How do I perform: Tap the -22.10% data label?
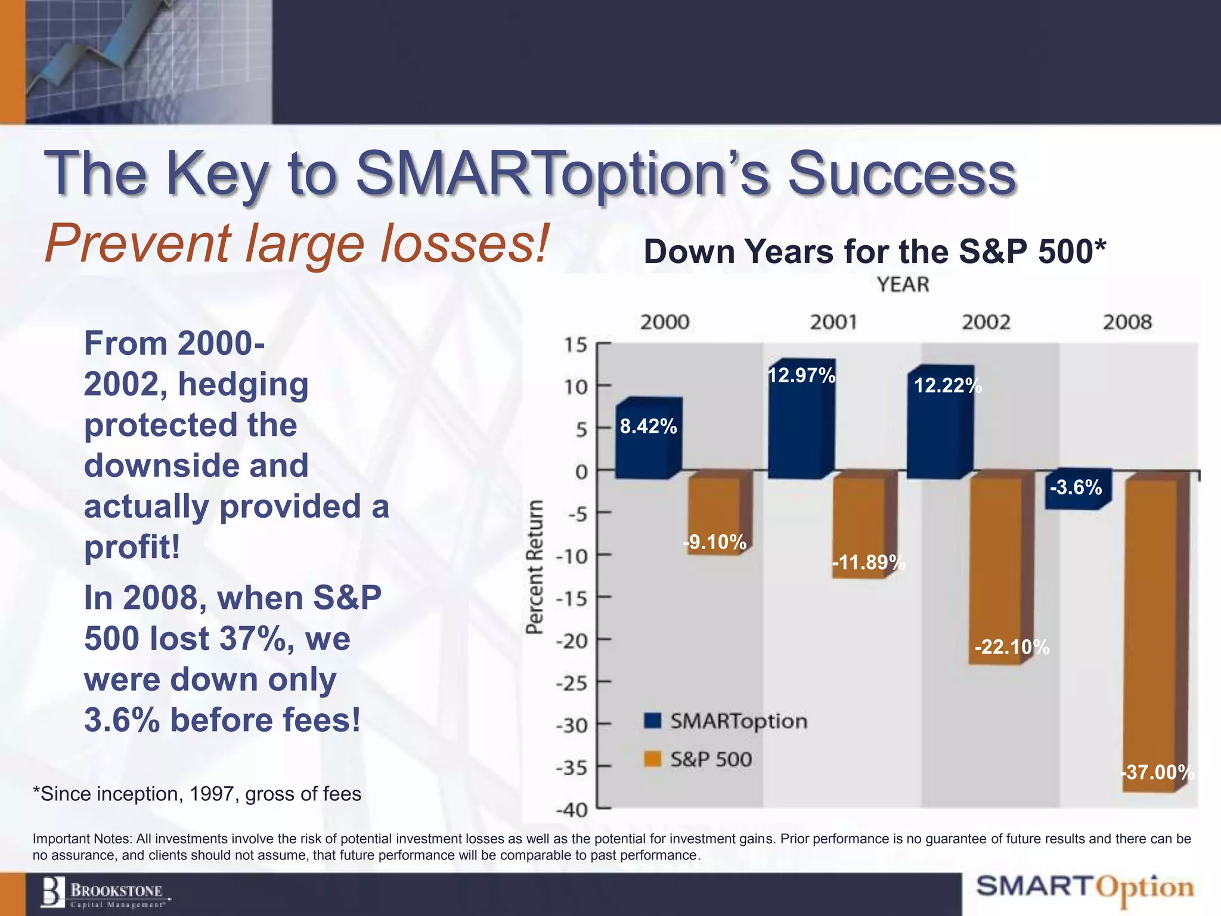point(1012,647)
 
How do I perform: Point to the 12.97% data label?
point(801,376)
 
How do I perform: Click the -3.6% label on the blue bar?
point(1076,488)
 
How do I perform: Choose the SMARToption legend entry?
point(726,721)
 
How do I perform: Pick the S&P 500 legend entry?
point(698,759)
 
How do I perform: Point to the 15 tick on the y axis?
point(575,345)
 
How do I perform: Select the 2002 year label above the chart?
point(986,323)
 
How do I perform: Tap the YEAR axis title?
point(903,285)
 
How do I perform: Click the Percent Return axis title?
point(535,567)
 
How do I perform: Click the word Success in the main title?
point(901,174)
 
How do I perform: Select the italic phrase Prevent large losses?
point(296,243)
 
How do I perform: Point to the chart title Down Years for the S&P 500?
point(874,252)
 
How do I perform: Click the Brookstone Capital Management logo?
point(105,893)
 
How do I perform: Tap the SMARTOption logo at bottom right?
point(1085,888)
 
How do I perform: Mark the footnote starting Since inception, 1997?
point(197,794)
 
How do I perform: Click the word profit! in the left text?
point(132,546)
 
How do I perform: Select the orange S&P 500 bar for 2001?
point(860,525)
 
